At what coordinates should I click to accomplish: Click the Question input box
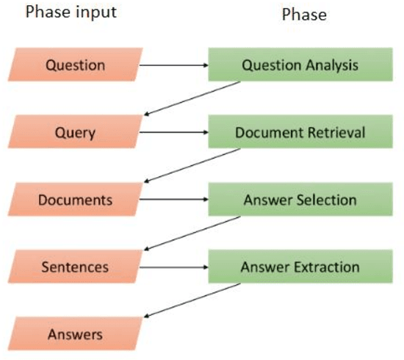point(75,65)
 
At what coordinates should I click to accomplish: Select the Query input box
point(75,133)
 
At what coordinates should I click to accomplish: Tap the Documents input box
point(75,200)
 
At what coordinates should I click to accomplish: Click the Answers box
point(75,335)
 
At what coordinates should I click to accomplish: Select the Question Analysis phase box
point(300,65)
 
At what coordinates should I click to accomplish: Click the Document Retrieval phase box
point(300,133)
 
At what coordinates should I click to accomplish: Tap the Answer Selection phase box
point(300,200)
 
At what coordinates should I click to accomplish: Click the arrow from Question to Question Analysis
point(173,65)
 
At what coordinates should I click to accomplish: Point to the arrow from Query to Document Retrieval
point(173,133)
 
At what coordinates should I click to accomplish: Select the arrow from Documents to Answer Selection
point(173,200)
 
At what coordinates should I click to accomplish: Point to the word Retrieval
point(332,133)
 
